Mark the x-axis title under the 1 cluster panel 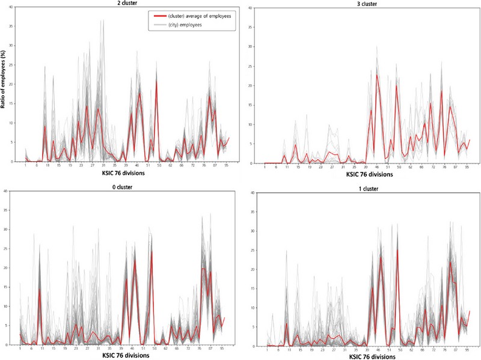366,356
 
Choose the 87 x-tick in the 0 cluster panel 210,348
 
